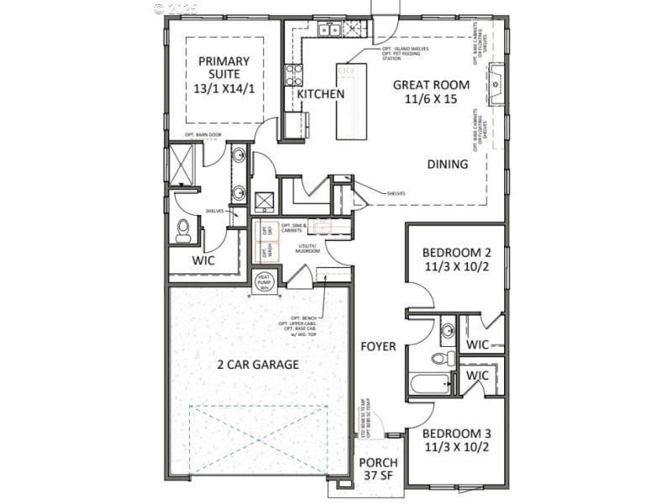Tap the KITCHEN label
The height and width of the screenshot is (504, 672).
321,94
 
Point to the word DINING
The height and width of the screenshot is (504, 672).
447,165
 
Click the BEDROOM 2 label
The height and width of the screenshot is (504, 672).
456,260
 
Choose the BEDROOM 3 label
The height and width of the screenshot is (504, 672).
456,440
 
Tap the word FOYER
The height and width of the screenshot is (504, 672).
378,346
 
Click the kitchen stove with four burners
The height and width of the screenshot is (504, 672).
293,75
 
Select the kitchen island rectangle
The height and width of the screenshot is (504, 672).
353,101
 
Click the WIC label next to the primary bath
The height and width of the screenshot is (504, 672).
203,260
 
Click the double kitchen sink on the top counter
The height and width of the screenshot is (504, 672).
328,31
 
